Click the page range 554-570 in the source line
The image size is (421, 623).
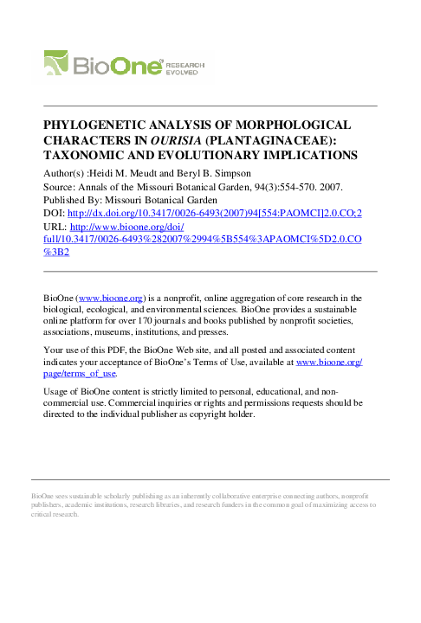[x=271, y=185]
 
